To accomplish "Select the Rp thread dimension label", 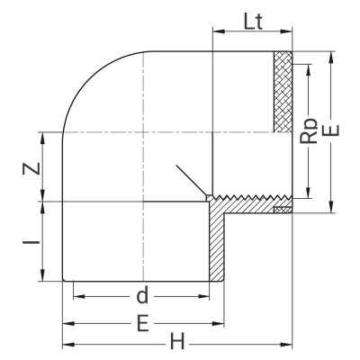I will pos(309,133).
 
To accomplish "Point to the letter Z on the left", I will pos(30,167).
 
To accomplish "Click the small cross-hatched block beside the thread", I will pos(283,210).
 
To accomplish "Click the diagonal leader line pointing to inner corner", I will pos(190,181).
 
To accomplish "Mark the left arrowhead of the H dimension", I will pos(66,343).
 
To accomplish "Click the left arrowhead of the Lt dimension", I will pos(216,40).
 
